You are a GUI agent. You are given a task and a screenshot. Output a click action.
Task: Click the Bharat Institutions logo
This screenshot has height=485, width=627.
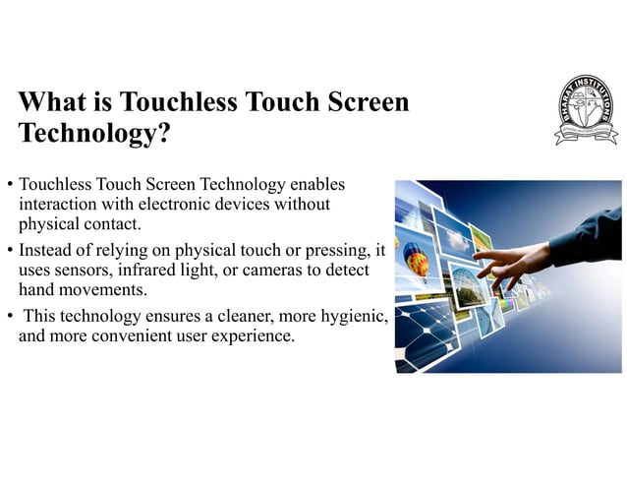586,107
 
